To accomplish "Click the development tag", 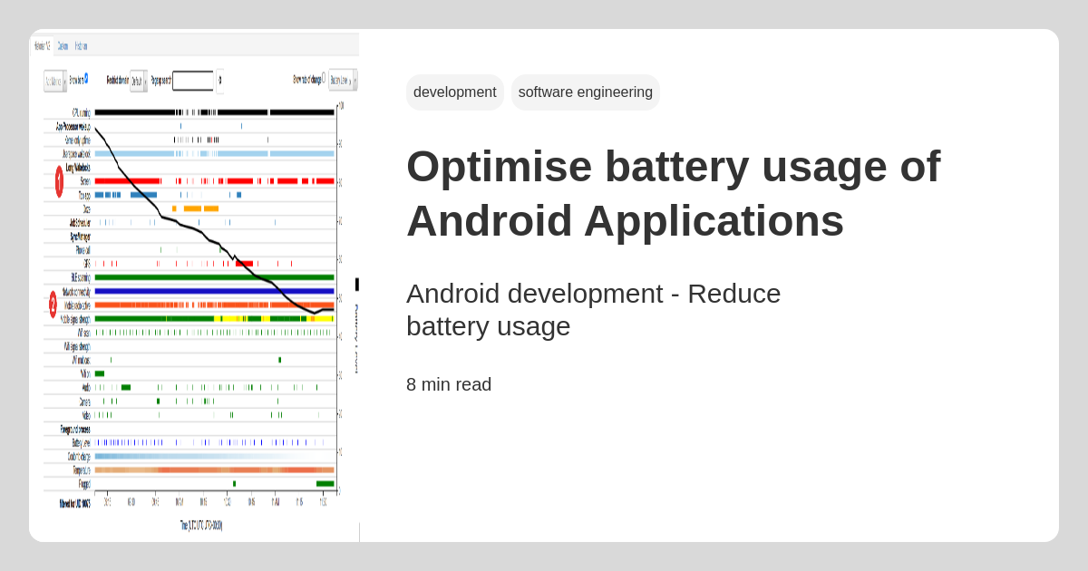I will [x=454, y=92].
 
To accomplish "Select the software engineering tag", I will [x=585, y=92].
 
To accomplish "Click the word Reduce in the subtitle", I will [x=733, y=294].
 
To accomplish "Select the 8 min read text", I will [x=449, y=384].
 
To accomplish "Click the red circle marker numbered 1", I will [x=59, y=181].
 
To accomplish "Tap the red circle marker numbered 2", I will [x=53, y=305].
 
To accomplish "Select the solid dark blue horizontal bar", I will [x=214, y=291].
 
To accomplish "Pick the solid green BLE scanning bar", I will [x=214, y=277].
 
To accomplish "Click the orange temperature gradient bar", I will [x=214, y=470].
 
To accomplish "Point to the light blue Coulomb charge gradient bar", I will [x=214, y=457].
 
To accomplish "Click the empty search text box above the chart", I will [x=192, y=81].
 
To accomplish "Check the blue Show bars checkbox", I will [x=86, y=78].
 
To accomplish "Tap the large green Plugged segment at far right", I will [x=325, y=484].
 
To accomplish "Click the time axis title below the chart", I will [x=200, y=525].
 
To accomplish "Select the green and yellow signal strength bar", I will [x=214, y=319].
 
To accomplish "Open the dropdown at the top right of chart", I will [x=342, y=81].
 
